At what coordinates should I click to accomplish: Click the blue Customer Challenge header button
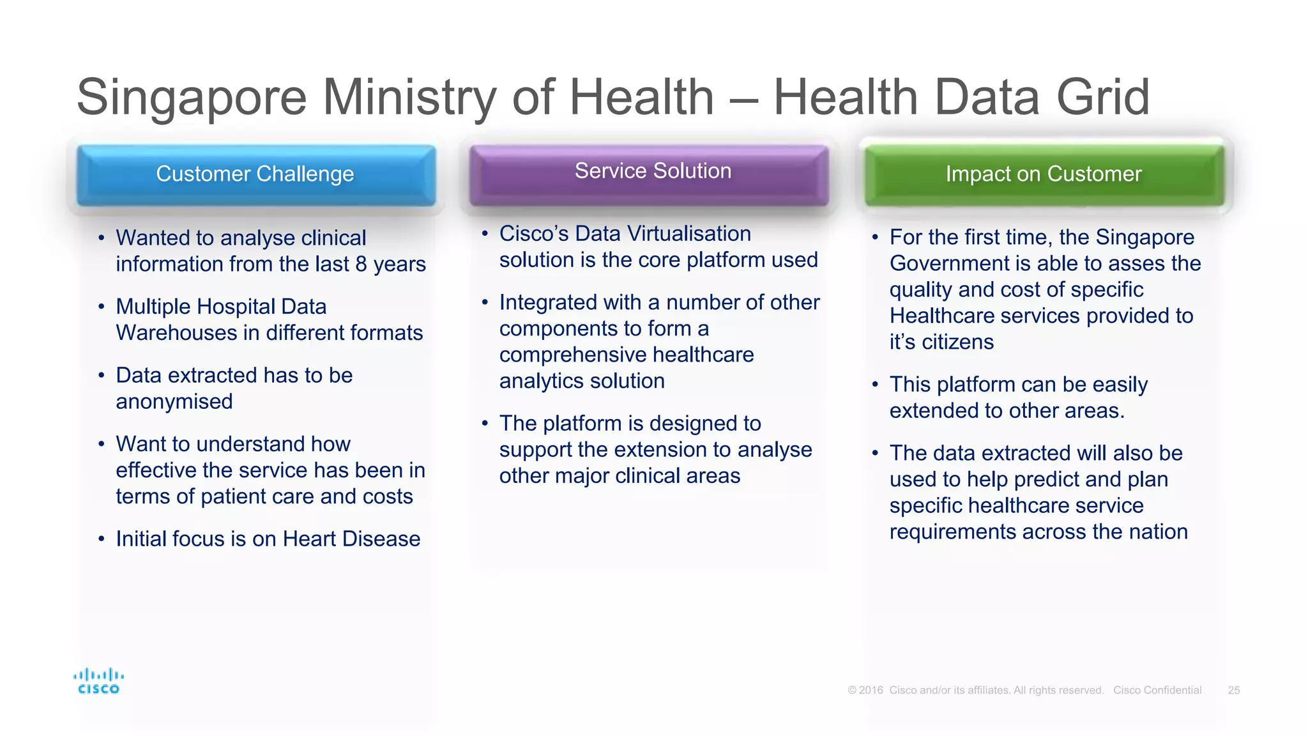(x=255, y=174)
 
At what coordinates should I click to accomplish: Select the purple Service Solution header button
(x=649, y=173)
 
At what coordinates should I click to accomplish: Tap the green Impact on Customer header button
(x=1044, y=174)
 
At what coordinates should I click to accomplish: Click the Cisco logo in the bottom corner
(x=98, y=681)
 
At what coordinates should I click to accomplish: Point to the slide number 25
(x=1233, y=691)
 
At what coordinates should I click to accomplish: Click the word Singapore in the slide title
(x=192, y=98)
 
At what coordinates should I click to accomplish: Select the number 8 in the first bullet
(x=361, y=264)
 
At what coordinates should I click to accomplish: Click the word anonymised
(x=174, y=402)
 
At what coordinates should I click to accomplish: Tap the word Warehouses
(x=176, y=333)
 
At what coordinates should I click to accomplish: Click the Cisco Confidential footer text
(x=1157, y=691)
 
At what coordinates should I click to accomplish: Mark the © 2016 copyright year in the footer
(x=865, y=691)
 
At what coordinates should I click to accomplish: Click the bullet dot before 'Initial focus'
(x=101, y=539)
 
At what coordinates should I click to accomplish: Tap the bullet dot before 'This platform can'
(x=875, y=385)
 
